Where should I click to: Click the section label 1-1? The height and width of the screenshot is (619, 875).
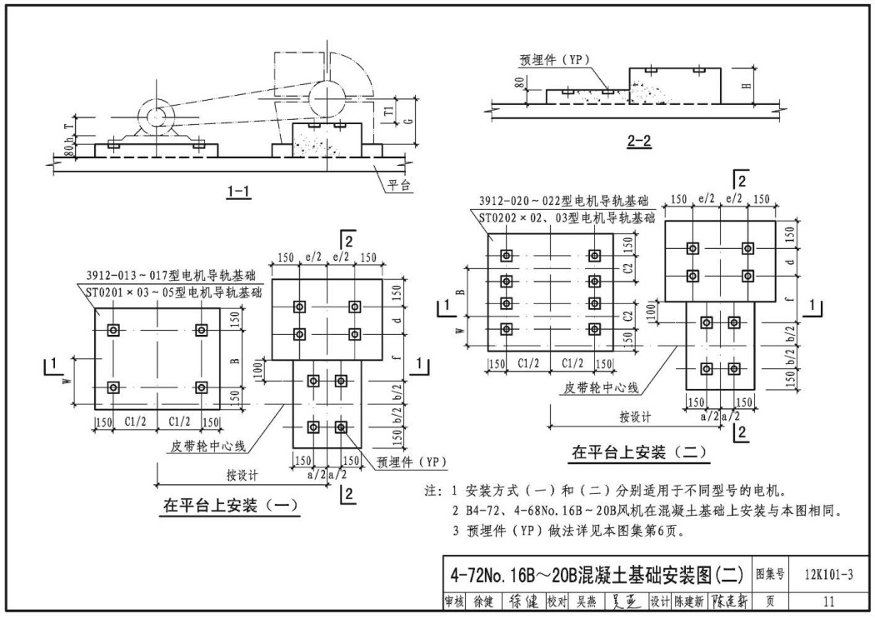238,191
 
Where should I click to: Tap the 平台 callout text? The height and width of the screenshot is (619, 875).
399,185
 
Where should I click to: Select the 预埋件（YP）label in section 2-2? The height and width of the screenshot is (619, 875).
553,59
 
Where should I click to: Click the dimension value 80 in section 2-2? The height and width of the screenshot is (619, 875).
517,84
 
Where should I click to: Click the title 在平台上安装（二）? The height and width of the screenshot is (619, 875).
639,452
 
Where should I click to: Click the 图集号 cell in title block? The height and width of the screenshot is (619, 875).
770,573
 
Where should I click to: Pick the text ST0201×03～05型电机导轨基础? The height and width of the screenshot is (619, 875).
173,292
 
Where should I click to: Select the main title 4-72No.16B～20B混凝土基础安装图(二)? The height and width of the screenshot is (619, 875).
594,574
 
